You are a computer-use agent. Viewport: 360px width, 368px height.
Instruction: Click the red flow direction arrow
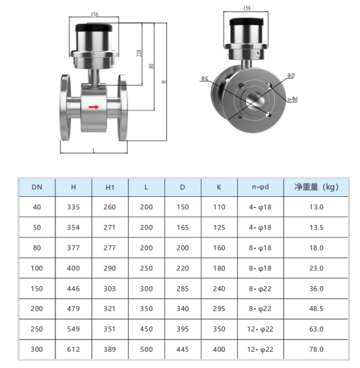tap(94, 107)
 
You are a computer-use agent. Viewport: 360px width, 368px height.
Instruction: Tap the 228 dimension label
tap(139, 53)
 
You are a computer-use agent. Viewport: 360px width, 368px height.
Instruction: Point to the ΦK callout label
tap(205, 79)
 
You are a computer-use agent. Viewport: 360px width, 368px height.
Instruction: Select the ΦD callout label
tap(291, 75)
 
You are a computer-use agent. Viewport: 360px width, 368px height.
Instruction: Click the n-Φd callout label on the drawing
tap(292, 99)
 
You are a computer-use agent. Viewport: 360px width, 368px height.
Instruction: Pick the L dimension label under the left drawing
tap(94, 150)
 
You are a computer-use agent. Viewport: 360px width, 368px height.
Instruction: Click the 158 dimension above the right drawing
tap(247, 8)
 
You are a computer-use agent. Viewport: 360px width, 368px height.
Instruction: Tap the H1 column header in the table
tap(110, 187)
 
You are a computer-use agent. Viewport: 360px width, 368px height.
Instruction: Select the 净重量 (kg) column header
tap(316, 187)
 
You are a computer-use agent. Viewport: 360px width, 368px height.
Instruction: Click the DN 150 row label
tap(37, 289)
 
